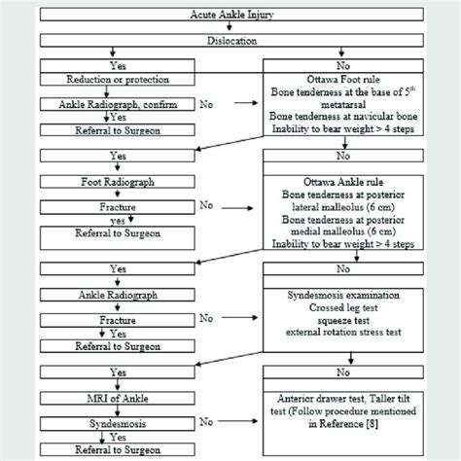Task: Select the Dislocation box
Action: [x=230, y=43]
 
